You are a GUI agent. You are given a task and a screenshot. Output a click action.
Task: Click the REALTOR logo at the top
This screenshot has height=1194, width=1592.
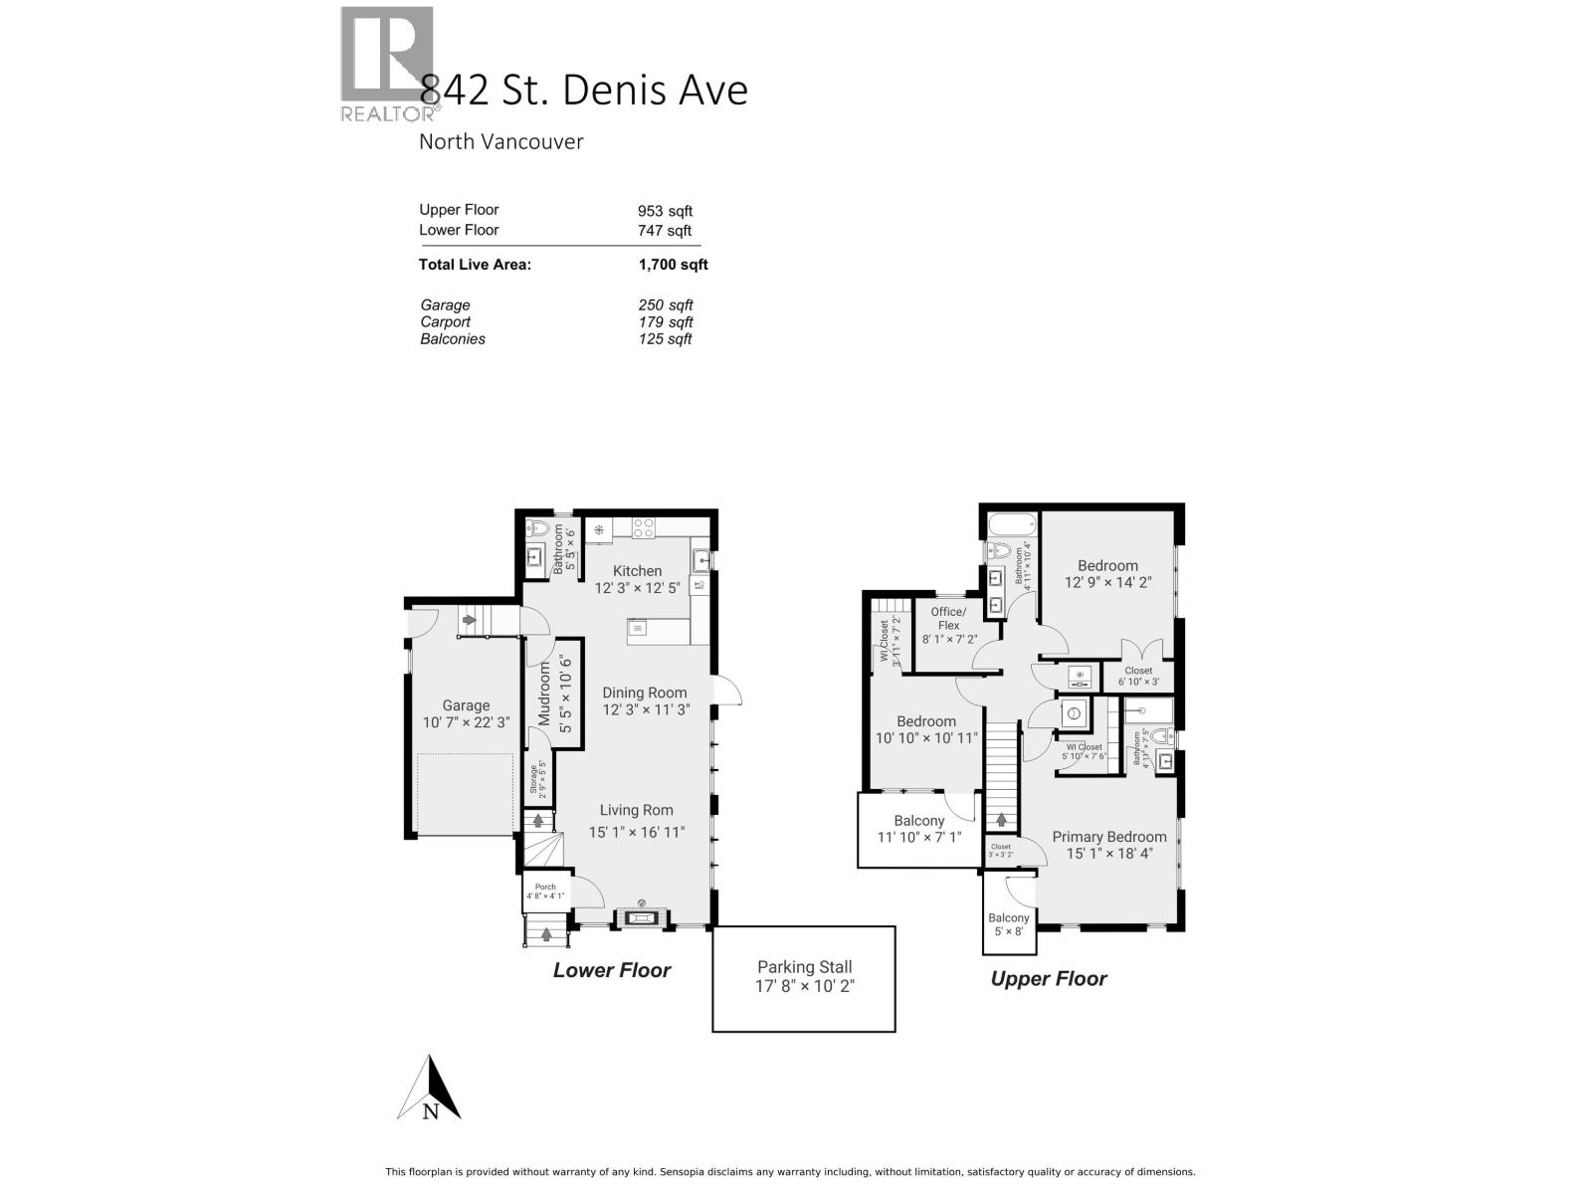pyautogui.click(x=388, y=65)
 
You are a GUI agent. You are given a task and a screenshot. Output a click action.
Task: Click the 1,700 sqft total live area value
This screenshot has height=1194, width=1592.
pyautogui.click(x=673, y=265)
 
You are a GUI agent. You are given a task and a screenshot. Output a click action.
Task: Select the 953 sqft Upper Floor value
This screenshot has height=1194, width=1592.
pyautogui.click(x=665, y=211)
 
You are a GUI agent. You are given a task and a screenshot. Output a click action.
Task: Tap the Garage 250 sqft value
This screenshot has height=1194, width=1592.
pyautogui.click(x=665, y=305)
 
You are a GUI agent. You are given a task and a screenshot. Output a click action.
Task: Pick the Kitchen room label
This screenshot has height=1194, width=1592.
pyautogui.click(x=637, y=571)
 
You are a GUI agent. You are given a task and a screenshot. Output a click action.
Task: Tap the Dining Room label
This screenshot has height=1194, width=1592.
pyautogui.click(x=645, y=694)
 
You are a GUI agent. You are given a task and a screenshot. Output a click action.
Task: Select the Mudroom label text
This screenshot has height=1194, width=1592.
pyautogui.click(x=544, y=694)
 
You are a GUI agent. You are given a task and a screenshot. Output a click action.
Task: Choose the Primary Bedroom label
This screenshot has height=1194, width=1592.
pyautogui.click(x=1108, y=837)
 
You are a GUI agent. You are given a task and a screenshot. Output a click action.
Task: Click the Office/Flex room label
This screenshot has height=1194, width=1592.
pyautogui.click(x=947, y=619)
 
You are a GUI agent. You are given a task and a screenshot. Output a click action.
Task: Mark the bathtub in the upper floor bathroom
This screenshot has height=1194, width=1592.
pyautogui.click(x=1012, y=523)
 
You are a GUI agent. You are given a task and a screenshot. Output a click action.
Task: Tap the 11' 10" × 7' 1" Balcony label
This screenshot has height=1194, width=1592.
pyautogui.click(x=918, y=829)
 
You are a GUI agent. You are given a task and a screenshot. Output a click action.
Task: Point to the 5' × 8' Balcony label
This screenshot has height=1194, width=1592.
pyautogui.click(x=1008, y=924)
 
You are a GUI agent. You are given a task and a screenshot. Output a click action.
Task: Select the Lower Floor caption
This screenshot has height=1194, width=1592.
pyautogui.click(x=612, y=970)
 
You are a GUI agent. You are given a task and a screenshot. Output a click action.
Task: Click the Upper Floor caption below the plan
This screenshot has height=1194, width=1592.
pyautogui.click(x=1048, y=979)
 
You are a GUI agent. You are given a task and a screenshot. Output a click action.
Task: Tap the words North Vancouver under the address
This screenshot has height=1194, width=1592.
pyautogui.click(x=500, y=141)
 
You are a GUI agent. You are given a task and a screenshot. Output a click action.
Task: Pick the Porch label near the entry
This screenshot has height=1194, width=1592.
pyautogui.click(x=545, y=888)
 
